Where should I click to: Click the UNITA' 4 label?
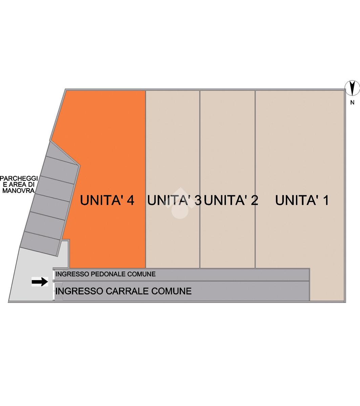coord(107,200)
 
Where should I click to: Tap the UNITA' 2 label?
coord(231,200)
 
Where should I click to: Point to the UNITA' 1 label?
coord(302,200)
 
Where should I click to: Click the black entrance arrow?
coord(40,281)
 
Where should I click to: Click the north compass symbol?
coord(352,88)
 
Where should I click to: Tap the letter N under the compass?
coord(352,103)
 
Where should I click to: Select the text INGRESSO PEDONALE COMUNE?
coord(105,274)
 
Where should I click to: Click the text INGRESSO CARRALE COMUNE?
coord(123,291)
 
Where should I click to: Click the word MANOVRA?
coord(18,190)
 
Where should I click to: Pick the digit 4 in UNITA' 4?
coord(130,200)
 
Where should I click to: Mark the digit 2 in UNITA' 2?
coord(254,200)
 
